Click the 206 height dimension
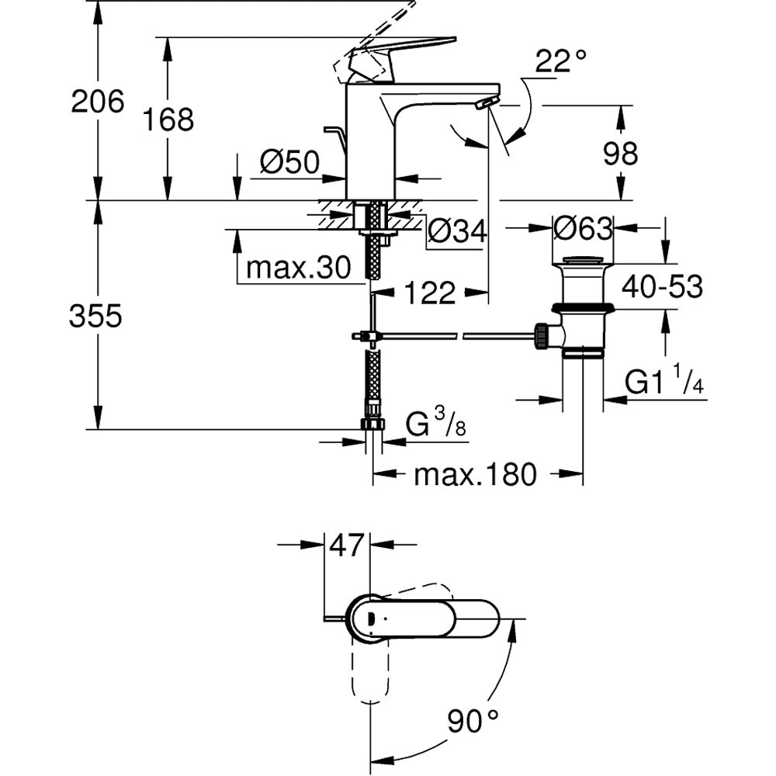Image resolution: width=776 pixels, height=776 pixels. pyautogui.click(x=97, y=102)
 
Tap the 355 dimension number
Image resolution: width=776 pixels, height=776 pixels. pyautogui.click(x=95, y=316)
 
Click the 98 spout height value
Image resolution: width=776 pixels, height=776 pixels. pyautogui.click(x=620, y=154)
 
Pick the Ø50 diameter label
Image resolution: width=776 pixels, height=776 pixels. pyautogui.click(x=289, y=162)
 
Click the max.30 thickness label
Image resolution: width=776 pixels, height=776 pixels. pyautogui.click(x=299, y=268)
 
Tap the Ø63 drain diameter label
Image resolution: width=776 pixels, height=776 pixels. pyautogui.click(x=584, y=228)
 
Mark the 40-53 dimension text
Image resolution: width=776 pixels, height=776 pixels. pyautogui.click(x=661, y=287)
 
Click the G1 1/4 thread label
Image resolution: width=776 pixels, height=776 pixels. pyautogui.click(x=664, y=383)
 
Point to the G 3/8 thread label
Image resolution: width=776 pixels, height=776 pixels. pyautogui.click(x=435, y=425)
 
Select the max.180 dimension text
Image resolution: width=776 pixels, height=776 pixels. pyautogui.click(x=475, y=474)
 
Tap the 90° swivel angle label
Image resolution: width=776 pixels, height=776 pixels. pyautogui.click(x=472, y=722)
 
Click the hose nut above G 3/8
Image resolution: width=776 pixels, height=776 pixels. pyautogui.click(x=373, y=424)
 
